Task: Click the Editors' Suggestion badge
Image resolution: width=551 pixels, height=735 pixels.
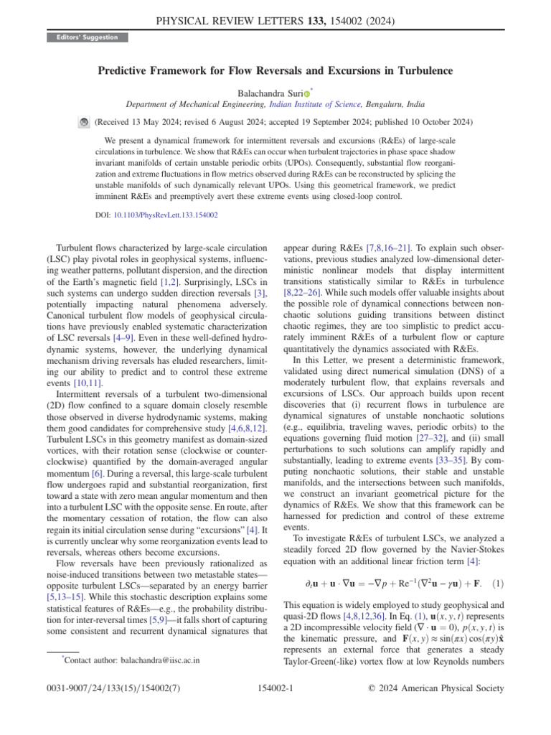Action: [87, 37]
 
